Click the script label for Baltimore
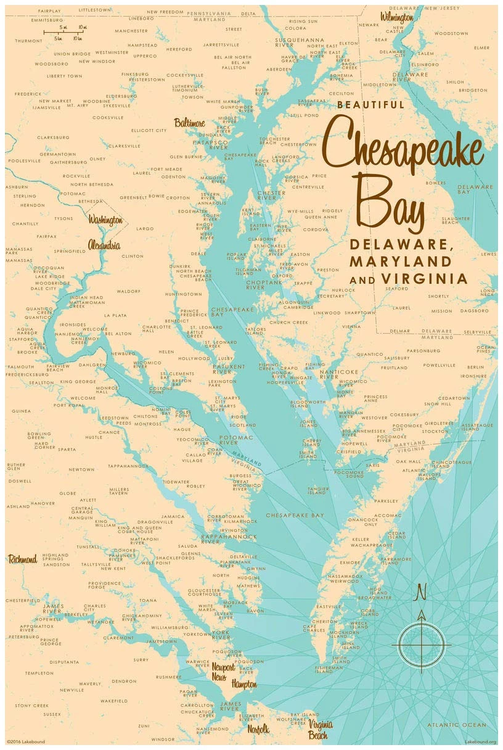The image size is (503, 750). pyautogui.click(x=189, y=123)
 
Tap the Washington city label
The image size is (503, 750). pyautogui.click(x=105, y=220)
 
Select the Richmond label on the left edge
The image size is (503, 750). pyautogui.click(x=23, y=559)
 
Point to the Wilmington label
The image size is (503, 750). pyautogui.click(x=396, y=17)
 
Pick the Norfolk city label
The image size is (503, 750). pyautogui.click(x=258, y=729)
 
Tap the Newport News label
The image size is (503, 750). pyautogui.click(x=223, y=672)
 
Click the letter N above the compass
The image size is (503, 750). pyautogui.click(x=422, y=592)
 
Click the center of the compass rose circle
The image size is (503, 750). pyautogui.click(x=422, y=645)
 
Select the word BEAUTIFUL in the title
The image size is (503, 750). pyautogui.click(x=370, y=105)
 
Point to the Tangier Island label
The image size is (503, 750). pyautogui.click(x=317, y=490)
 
